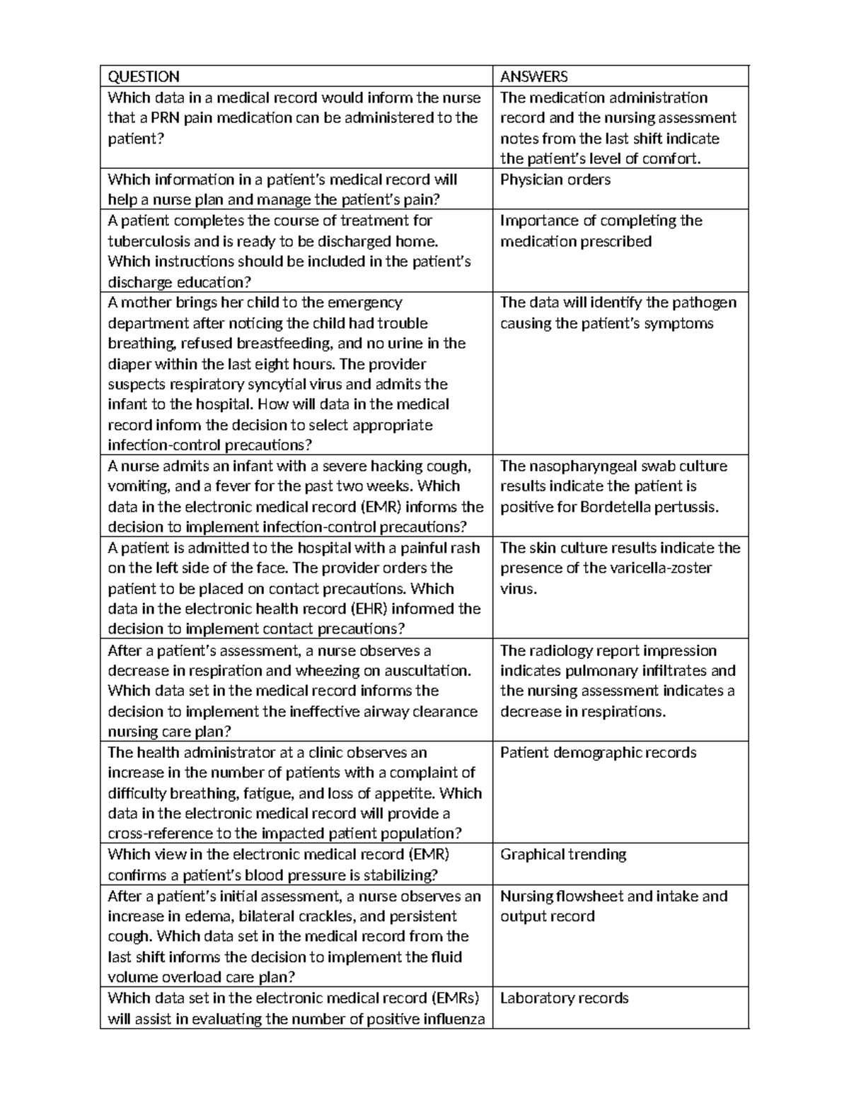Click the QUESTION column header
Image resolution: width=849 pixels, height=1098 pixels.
(143, 76)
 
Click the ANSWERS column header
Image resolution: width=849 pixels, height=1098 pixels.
(533, 76)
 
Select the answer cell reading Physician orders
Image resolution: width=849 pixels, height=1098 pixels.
(555, 180)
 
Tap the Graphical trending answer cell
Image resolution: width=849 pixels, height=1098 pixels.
(563, 854)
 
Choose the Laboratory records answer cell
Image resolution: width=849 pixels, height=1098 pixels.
(564, 998)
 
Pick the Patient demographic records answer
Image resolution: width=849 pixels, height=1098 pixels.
(598, 752)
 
